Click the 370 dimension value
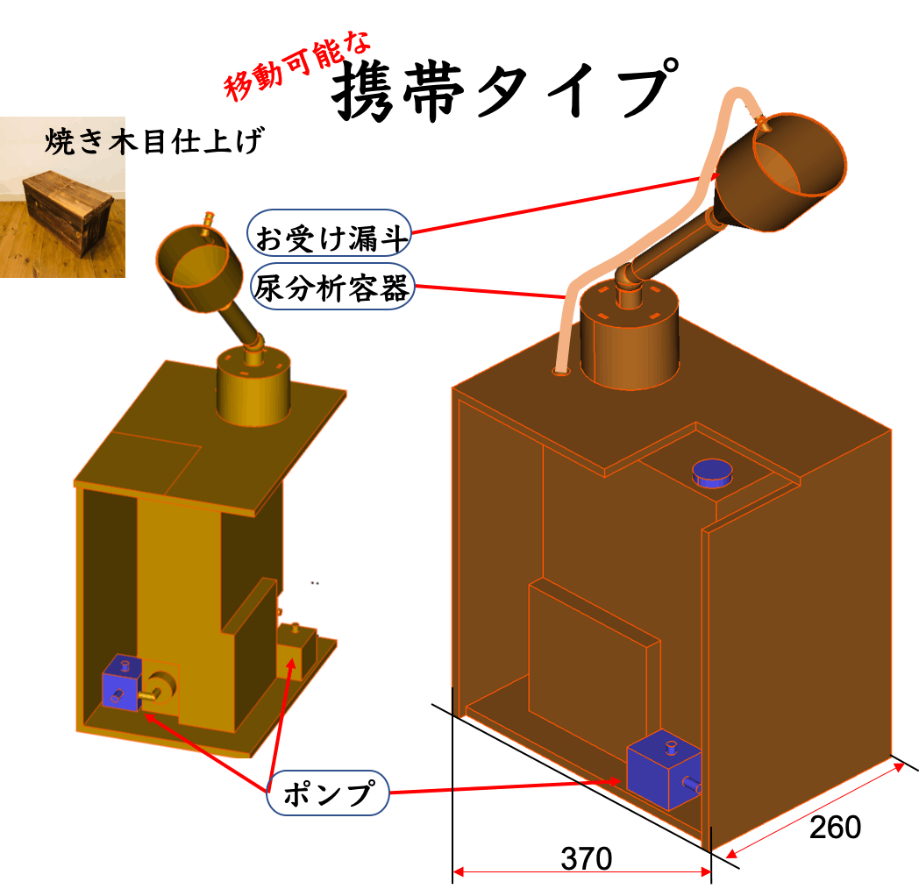pyautogui.click(x=586, y=858)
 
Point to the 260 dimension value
pyautogui.click(x=834, y=827)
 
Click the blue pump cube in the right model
pyautogui.click(x=663, y=769)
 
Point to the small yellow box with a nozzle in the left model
pyautogui.click(x=295, y=651)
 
